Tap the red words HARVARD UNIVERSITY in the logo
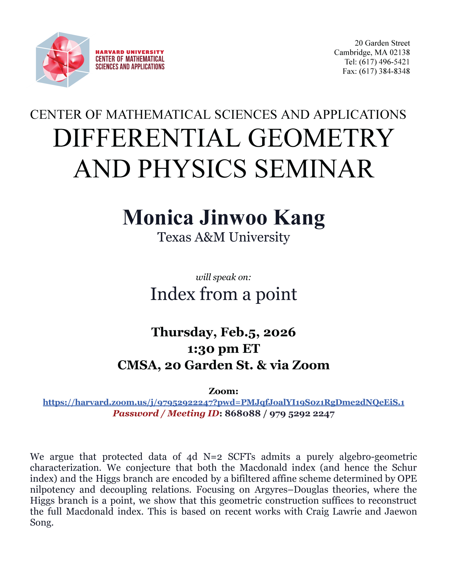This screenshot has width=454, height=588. click(x=130, y=52)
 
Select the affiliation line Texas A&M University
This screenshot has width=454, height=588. click(x=223, y=237)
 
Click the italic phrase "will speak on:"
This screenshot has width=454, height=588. click(x=223, y=277)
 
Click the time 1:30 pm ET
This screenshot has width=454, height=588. click(x=223, y=349)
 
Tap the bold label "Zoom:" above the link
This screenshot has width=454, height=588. click(x=223, y=391)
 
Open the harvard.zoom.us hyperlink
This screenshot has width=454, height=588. click(x=223, y=402)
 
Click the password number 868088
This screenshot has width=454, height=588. click(x=242, y=413)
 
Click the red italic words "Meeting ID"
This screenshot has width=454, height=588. click(x=193, y=413)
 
